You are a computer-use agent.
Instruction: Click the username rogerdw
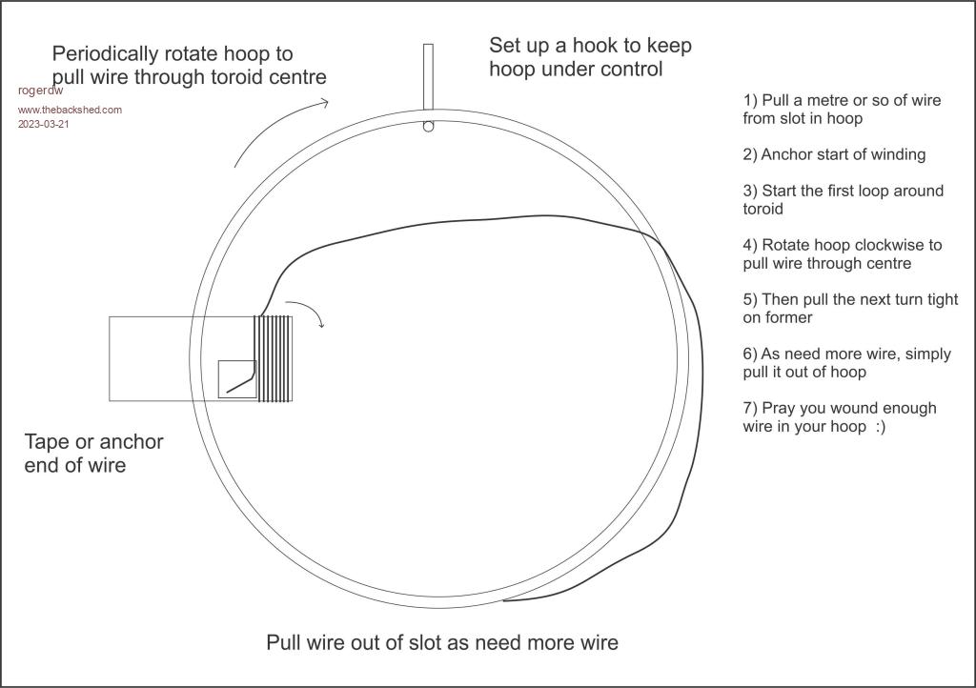point(40,91)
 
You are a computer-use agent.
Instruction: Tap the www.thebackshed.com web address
point(70,110)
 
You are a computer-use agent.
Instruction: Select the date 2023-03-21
point(44,124)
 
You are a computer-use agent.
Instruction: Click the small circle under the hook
point(428,126)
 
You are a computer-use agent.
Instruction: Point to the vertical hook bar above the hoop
point(428,76)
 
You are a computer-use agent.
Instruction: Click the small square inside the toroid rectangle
point(237,379)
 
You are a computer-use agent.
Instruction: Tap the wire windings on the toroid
point(274,358)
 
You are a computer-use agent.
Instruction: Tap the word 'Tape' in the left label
point(48,442)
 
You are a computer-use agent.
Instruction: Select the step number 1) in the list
point(750,100)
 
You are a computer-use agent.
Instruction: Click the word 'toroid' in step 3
point(762,209)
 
